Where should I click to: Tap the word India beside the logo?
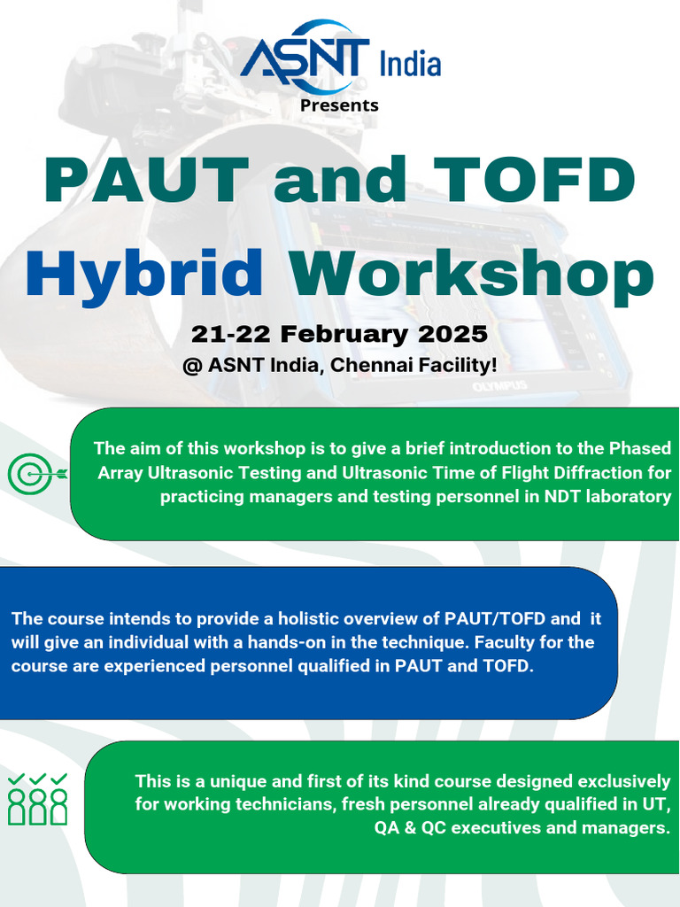coord(409,64)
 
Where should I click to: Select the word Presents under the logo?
coord(339,105)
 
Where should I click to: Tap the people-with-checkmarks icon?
coord(38,798)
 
